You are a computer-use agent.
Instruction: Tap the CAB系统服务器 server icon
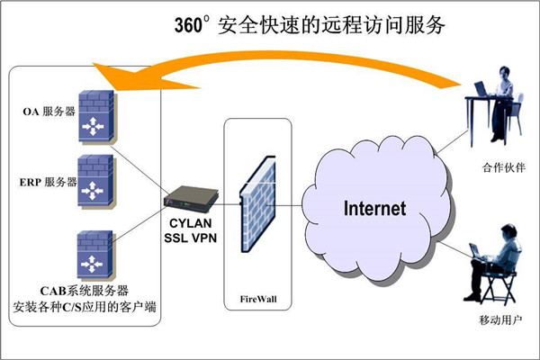94,256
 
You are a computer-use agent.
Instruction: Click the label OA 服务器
49,112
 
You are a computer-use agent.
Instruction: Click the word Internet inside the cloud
375,209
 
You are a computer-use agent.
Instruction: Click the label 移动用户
500,320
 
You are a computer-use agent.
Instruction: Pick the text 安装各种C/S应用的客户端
85,307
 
